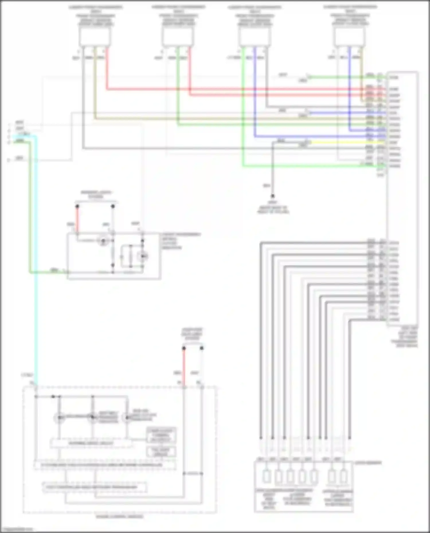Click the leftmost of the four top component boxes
(x=95, y=37)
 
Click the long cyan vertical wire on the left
(x=36, y=258)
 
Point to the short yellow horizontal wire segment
(x=344, y=142)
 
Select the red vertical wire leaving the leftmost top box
(x=107, y=69)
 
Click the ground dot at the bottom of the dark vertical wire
(x=273, y=196)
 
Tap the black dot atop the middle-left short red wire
(x=77, y=206)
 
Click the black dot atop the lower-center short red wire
(x=184, y=348)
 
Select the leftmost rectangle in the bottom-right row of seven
(x=266, y=476)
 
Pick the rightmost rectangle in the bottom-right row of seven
(x=343, y=476)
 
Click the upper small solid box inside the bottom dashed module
(x=161, y=435)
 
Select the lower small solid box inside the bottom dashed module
(x=161, y=452)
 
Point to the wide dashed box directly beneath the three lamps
(x=91, y=443)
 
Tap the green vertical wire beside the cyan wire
(x=30, y=206)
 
